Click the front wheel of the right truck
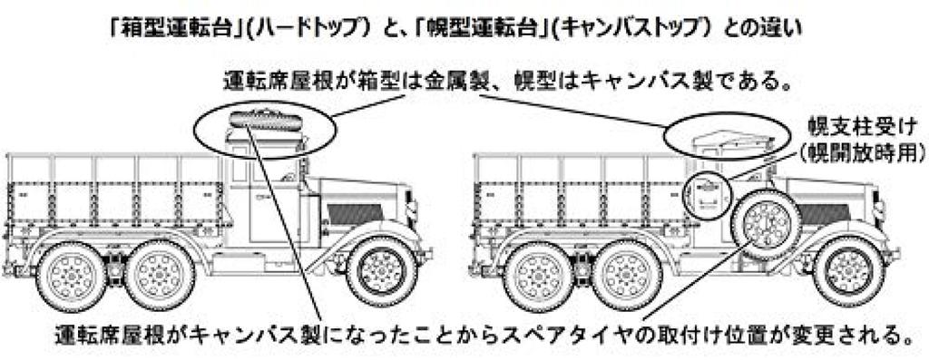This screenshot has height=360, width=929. pyautogui.click(x=849, y=270)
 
